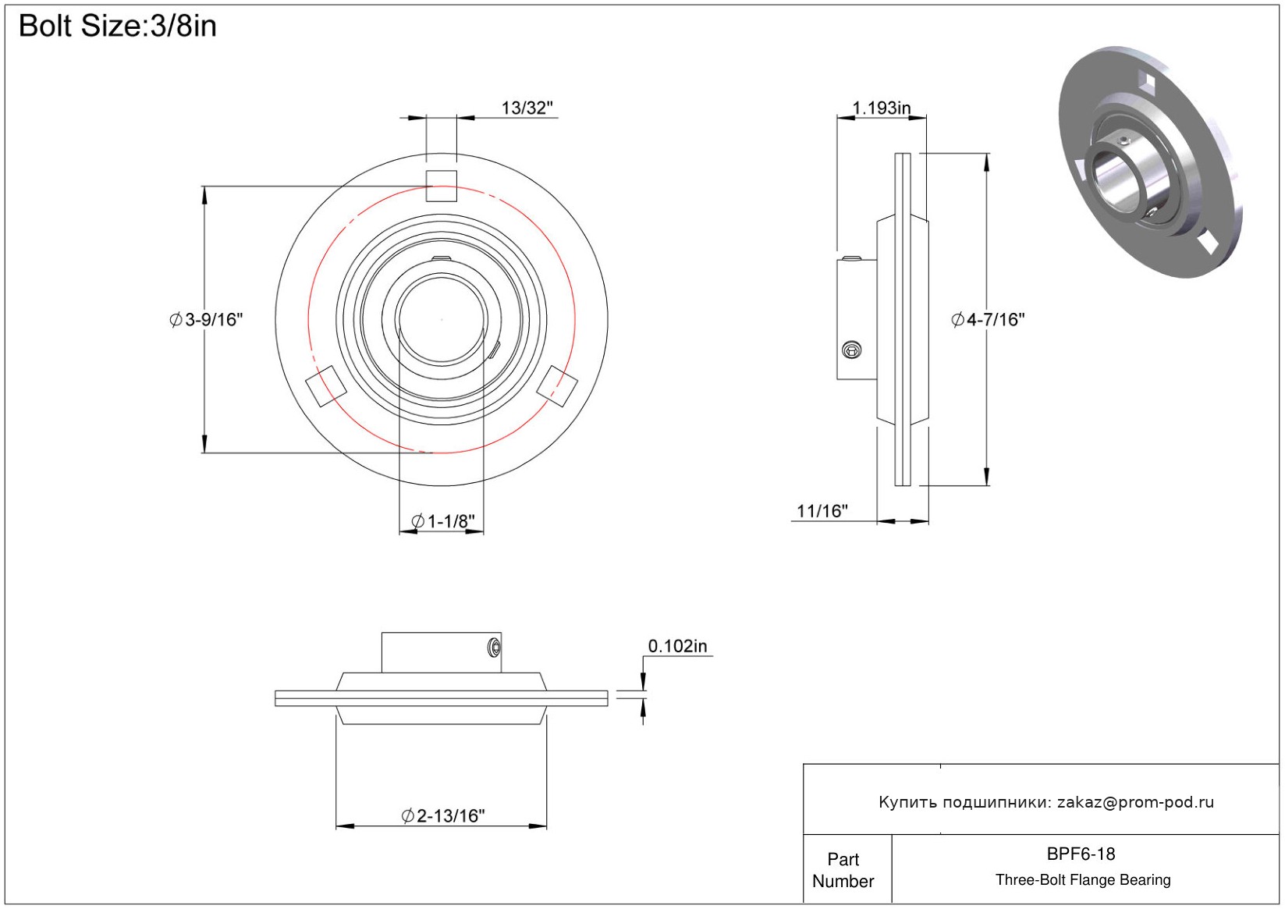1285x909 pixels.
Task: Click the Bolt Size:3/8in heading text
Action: click(118, 27)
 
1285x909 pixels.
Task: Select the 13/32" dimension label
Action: click(527, 108)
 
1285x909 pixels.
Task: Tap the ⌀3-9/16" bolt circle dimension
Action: click(206, 320)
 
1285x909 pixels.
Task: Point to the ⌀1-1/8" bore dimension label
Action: click(443, 521)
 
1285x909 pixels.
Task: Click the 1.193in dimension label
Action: click(881, 108)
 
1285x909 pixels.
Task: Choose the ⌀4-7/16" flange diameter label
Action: click(988, 320)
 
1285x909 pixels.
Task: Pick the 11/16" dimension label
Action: click(822, 511)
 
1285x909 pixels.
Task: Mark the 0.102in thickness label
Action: click(677, 646)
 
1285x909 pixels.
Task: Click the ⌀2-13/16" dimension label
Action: click(443, 815)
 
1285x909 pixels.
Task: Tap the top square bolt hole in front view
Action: click(441, 186)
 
